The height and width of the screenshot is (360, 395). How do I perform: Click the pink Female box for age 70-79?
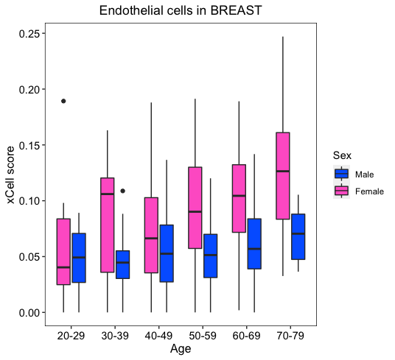click(x=283, y=176)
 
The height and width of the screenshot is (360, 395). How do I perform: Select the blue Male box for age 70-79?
click(x=298, y=236)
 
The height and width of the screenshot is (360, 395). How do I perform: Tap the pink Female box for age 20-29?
click(x=63, y=252)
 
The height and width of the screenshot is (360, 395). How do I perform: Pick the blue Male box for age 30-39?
click(x=122, y=264)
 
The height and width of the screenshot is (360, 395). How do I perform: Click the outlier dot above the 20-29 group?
click(x=63, y=101)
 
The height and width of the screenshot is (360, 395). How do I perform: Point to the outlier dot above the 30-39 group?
click(x=122, y=191)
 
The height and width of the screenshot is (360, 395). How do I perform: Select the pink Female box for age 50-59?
click(x=195, y=208)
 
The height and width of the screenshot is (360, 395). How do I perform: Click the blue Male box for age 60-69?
click(x=254, y=244)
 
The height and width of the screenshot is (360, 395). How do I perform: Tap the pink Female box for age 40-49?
click(x=151, y=235)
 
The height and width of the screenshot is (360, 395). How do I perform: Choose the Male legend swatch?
click(x=342, y=174)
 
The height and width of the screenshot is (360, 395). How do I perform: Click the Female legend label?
click(x=369, y=191)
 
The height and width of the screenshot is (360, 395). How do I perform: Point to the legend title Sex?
click(x=342, y=155)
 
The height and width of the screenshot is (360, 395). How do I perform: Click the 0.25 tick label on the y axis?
click(x=29, y=34)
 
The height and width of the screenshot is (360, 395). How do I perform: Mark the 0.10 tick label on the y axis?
click(x=29, y=201)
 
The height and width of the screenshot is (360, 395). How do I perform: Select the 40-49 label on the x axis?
click(x=158, y=336)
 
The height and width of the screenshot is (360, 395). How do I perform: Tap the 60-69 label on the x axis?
click(x=246, y=336)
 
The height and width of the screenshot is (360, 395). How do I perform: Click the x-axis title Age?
click(x=181, y=349)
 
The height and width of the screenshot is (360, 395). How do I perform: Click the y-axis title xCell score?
click(x=10, y=174)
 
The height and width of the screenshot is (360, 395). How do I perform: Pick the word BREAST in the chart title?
click(x=236, y=10)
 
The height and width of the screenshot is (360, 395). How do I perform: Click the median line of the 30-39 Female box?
click(x=108, y=194)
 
